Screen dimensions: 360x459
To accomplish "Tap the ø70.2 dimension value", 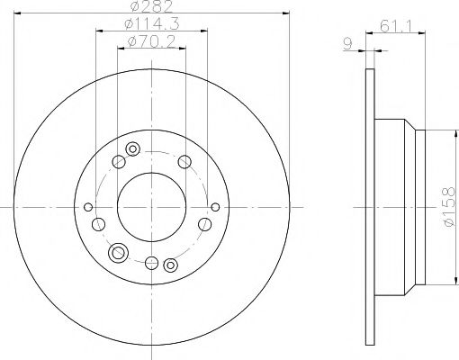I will point(150,40).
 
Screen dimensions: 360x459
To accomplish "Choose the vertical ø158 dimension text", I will point(443,206).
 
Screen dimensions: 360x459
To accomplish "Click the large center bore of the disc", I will point(150,206).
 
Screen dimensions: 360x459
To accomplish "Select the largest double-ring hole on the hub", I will point(118,253).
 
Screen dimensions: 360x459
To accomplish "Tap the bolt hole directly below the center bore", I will point(150,262).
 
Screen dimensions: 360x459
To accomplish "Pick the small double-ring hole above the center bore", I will point(133,148).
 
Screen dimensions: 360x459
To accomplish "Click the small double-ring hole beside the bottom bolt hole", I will point(169,264).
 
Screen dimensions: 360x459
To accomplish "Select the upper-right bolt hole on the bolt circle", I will point(184,161).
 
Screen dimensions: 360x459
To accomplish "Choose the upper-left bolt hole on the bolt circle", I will point(118,162).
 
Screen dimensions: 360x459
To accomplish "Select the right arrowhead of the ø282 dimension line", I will point(289,13).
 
